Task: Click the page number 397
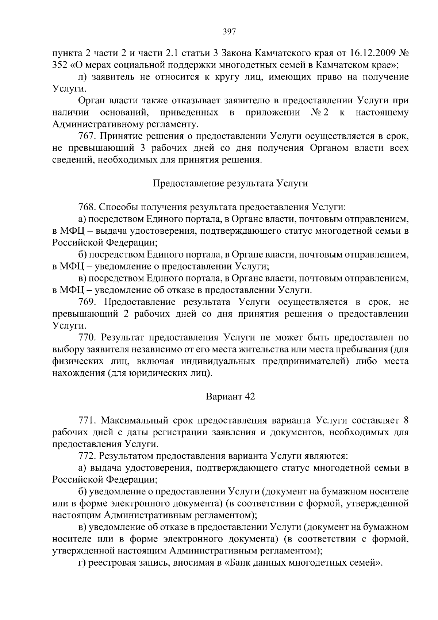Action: click(x=230, y=31)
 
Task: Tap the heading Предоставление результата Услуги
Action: click(x=230, y=183)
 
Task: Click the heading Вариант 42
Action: click(x=230, y=397)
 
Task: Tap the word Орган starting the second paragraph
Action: click(x=91, y=100)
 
